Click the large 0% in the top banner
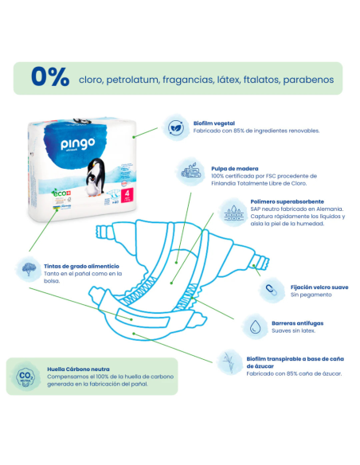click(49, 78)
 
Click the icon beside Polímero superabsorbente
click(233, 213)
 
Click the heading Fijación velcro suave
click(319, 286)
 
